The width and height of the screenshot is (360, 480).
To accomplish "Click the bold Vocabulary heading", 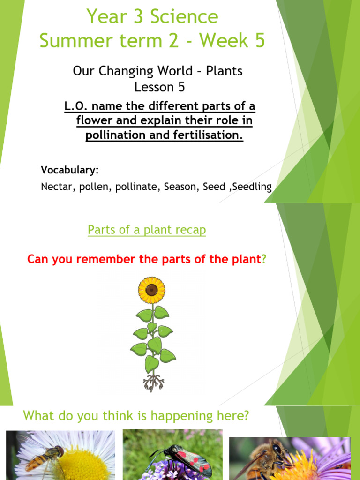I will point(69,169).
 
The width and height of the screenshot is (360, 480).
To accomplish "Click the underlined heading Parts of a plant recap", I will point(147,230).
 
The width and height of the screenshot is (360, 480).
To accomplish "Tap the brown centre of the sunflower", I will point(151,290).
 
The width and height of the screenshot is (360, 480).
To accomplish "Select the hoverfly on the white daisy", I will point(44,457).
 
